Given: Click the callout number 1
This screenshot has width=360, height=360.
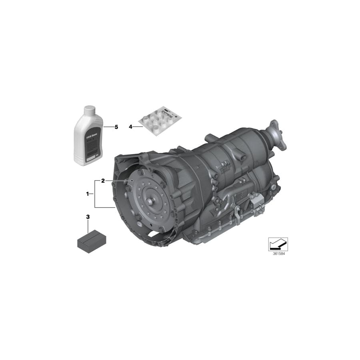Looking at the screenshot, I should pyautogui.click(x=87, y=194).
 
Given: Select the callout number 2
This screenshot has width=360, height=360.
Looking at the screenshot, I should pyautogui.click(x=103, y=181).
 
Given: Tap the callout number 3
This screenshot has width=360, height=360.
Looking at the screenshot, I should pyautogui.click(x=88, y=217).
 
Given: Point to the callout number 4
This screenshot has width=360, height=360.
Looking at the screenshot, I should pyautogui.click(x=130, y=127).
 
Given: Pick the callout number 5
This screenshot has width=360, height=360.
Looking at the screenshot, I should pyautogui.click(x=116, y=127).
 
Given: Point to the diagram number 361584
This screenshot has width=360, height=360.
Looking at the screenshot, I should pyautogui.click(x=278, y=254).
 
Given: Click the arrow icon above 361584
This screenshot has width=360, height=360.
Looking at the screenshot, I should pyautogui.click(x=278, y=244).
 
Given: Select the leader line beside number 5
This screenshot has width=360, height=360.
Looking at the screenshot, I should pyautogui.click(x=108, y=127).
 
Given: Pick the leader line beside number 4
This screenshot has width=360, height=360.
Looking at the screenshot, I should pyautogui.click(x=137, y=127).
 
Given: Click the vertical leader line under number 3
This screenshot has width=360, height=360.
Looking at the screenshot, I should pyautogui.click(x=88, y=226).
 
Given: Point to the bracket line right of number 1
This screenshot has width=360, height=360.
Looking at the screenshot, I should pyautogui.click(x=95, y=194).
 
